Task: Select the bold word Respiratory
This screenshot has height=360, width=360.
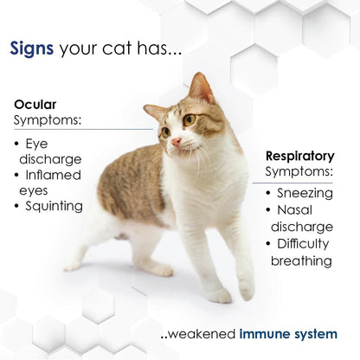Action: pos(299,157)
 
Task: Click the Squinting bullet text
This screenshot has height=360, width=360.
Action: pos(54,206)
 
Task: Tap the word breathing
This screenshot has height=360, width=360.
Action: pos(301,260)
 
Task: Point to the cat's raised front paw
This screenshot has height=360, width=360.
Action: pos(246,290)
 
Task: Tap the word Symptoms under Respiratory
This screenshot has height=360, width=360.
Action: pos(299,173)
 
